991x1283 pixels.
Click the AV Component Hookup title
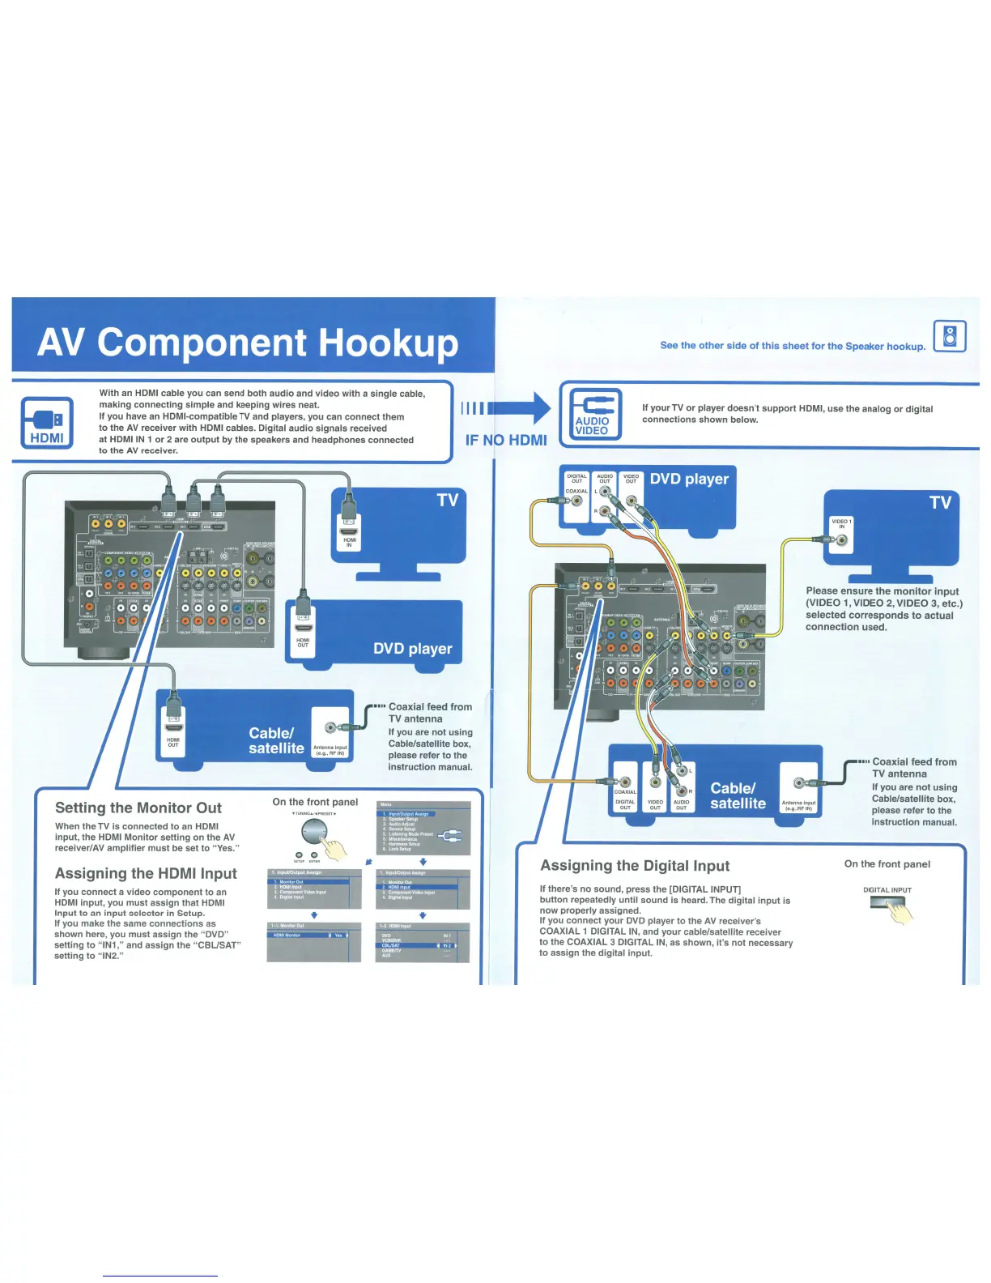248,343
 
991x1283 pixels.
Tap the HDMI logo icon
47,422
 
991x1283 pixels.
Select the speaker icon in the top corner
951,336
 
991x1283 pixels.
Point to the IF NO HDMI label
506,441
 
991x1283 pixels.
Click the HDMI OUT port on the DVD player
303,626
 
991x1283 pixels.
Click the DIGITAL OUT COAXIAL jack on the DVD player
576,501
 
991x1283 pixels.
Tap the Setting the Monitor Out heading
138,808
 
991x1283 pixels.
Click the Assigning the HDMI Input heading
146,873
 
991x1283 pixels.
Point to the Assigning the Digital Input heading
635,866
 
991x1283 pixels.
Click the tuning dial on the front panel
315,832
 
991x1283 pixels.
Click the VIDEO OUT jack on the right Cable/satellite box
656,782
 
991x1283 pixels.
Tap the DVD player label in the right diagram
689,479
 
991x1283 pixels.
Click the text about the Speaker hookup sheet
793,346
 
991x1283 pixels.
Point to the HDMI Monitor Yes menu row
313,936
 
